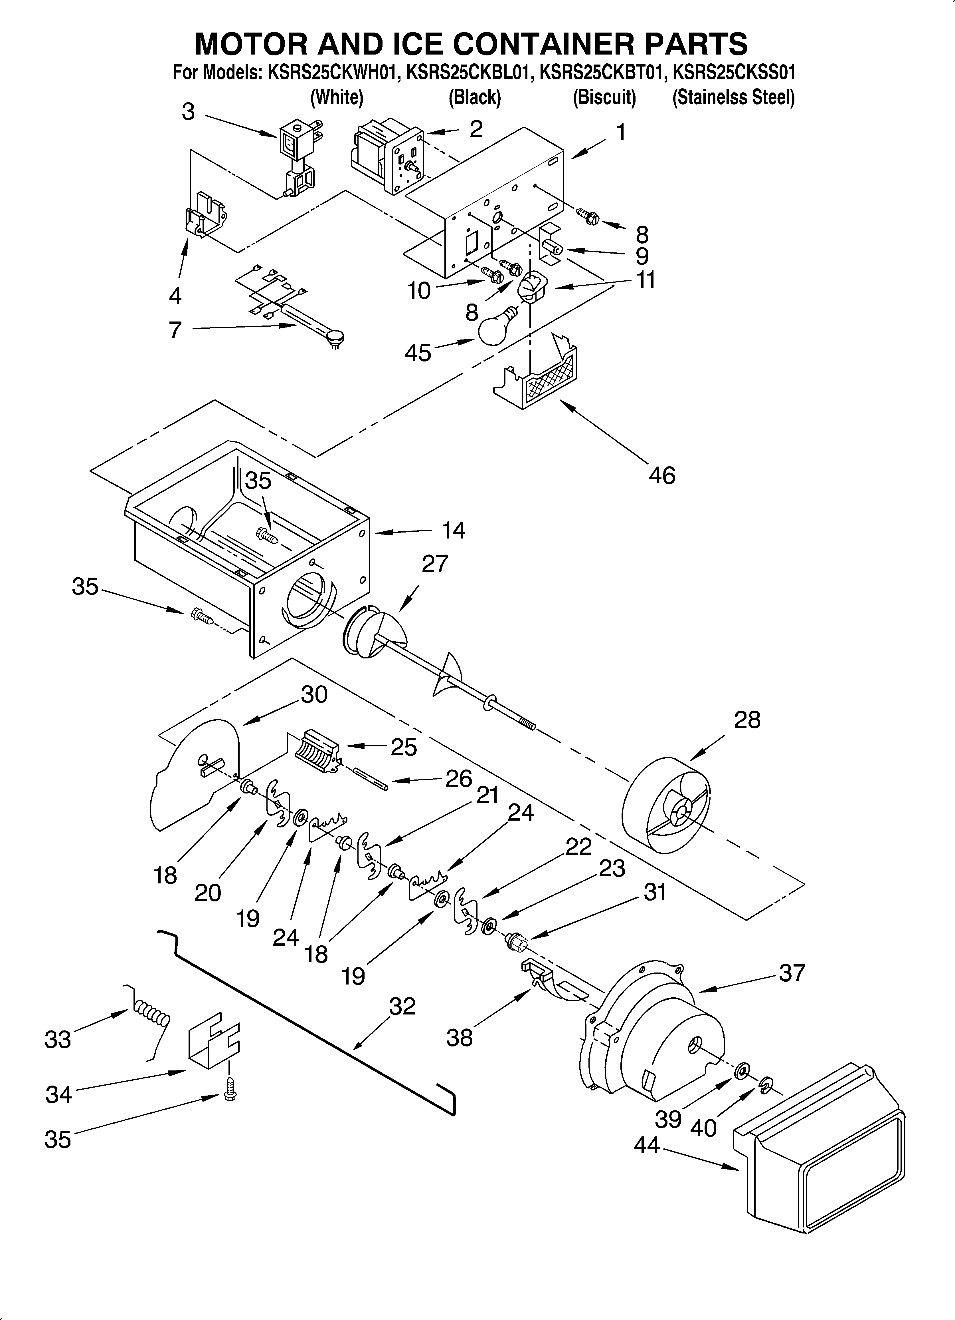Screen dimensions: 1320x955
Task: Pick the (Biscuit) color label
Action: coord(604,97)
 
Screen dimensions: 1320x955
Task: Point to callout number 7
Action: coord(175,330)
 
